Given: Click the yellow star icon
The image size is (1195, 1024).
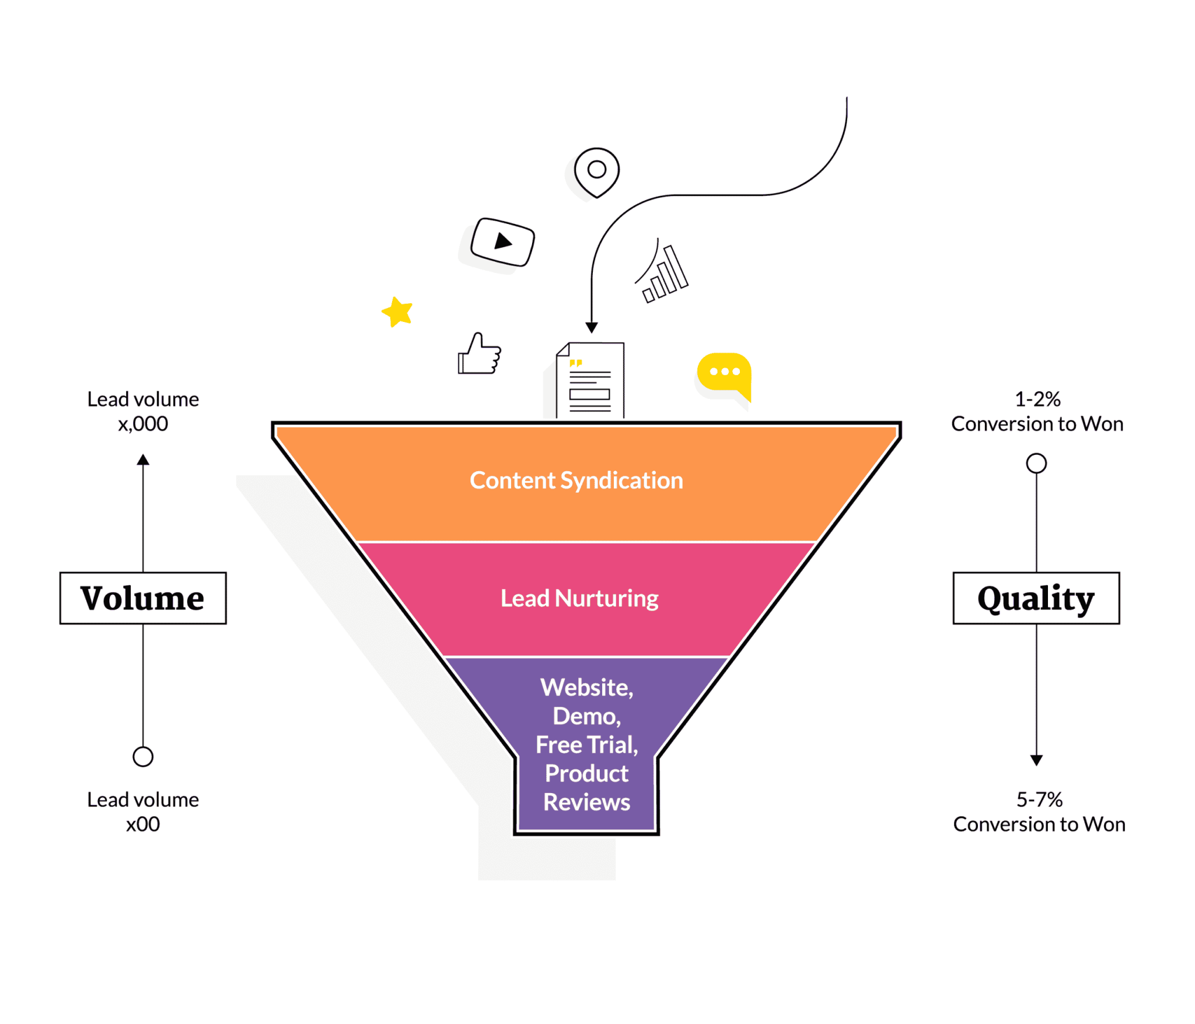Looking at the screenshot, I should (x=397, y=312).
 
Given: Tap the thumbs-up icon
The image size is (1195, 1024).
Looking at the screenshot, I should (x=480, y=355).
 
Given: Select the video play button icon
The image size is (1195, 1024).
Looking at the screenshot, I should (x=502, y=241).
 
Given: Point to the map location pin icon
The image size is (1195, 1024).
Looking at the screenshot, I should (x=596, y=171).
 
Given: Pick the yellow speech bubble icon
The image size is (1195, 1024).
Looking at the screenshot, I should (x=724, y=373).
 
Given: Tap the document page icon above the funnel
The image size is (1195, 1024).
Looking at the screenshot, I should (x=590, y=380).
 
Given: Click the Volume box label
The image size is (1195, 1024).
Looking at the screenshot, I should (x=143, y=598).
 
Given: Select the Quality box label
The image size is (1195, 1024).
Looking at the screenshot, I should (x=1036, y=598).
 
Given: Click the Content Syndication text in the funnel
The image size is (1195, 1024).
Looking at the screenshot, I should (x=576, y=481).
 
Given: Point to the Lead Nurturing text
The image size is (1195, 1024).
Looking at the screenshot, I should (x=579, y=598).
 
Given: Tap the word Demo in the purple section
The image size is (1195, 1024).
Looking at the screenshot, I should (x=586, y=716).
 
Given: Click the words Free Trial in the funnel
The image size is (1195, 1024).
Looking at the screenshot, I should (x=586, y=745).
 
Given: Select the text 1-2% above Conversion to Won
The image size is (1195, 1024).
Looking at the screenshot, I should (x=1037, y=399).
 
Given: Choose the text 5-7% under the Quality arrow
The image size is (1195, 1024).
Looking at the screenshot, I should (x=1039, y=799).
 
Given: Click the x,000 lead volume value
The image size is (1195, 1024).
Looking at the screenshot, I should (x=143, y=424).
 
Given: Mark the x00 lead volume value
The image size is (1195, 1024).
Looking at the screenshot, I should (x=143, y=824).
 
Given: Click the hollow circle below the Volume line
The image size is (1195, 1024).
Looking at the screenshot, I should (x=143, y=757).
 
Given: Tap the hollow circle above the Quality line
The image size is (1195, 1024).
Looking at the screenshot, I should (x=1036, y=464).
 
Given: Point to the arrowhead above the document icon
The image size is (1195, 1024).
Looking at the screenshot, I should (x=592, y=327).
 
